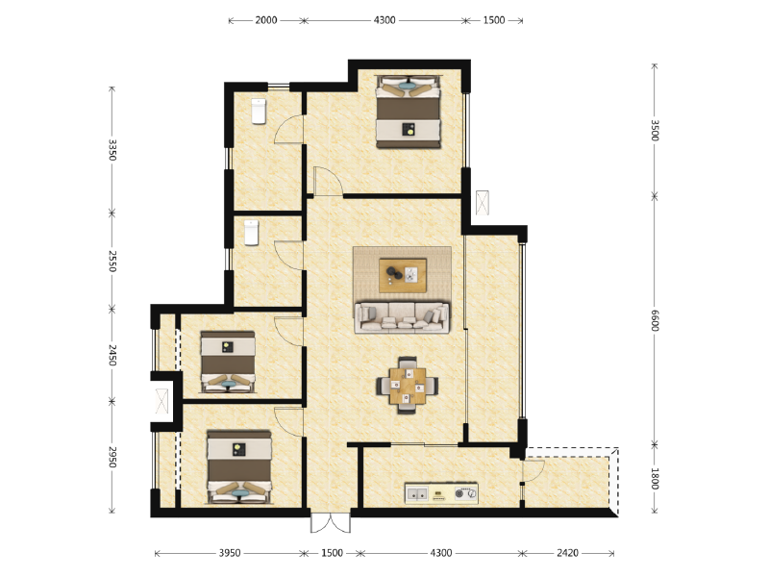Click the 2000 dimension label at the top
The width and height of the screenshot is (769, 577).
(266, 20)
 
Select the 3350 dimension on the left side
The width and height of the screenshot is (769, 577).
(112, 149)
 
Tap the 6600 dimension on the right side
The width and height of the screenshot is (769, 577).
(655, 319)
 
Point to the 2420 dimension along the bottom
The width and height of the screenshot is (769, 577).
(568, 553)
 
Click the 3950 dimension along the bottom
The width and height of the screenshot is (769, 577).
(229, 553)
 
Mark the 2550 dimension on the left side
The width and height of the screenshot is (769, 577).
(112, 261)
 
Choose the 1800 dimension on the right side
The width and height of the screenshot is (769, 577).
(655, 479)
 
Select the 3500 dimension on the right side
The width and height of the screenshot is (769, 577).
(655, 130)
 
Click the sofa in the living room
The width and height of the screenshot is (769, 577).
(403, 316)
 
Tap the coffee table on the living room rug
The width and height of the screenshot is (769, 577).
(403, 275)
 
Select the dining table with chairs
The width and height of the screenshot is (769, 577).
(407, 387)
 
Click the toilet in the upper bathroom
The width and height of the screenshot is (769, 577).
(258, 112)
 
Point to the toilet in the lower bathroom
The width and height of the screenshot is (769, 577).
(251, 232)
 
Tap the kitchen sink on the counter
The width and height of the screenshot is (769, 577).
(417, 494)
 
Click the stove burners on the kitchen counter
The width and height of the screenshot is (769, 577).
(465, 494)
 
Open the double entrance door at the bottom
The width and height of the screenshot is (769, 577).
(327, 523)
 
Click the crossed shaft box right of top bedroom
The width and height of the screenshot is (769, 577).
(483, 203)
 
